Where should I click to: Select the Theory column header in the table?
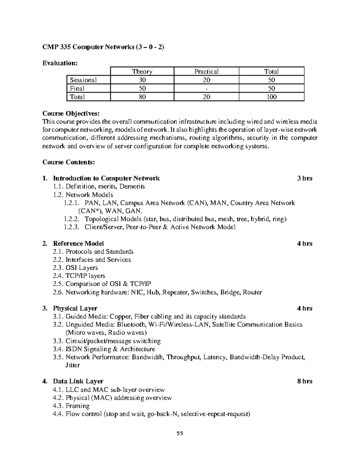coord(142,71)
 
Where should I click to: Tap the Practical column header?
coord(206,71)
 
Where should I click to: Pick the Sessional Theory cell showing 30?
coord(142,80)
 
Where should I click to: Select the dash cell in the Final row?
coord(206,89)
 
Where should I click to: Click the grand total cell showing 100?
coord(271,97)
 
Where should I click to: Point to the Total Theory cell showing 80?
coord(142,97)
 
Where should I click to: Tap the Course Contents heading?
coord(69,162)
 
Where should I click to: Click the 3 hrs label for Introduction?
coord(304,179)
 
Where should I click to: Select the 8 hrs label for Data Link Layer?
coord(304,381)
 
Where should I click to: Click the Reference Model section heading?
coord(78,243)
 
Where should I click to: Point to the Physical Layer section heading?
coord(75,308)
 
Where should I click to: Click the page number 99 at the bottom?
coord(180,433)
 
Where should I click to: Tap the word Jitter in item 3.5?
coord(73,365)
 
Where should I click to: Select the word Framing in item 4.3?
coord(77,406)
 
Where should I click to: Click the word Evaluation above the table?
coord(60,63)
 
